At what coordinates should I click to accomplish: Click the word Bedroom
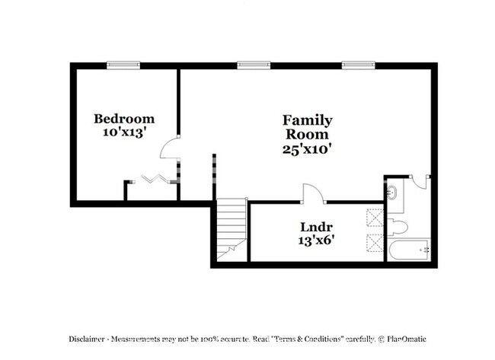tap(124, 119)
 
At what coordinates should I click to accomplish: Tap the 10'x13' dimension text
tap(124, 132)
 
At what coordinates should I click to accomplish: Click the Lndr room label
tap(314, 227)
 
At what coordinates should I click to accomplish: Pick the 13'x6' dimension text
tap(314, 241)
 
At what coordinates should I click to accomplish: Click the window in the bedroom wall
tap(123, 65)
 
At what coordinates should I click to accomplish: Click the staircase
tap(232, 228)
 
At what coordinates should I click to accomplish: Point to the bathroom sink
tap(392, 190)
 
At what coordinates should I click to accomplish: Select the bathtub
tap(410, 250)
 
